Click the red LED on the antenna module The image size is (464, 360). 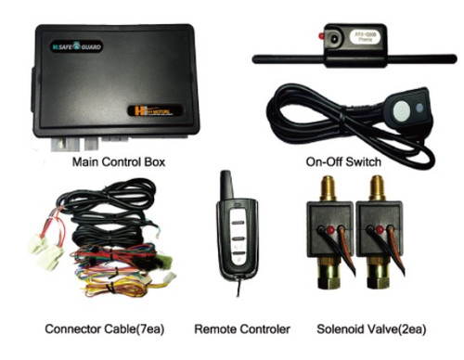[320, 36]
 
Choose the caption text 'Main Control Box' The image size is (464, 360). [118, 161]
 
